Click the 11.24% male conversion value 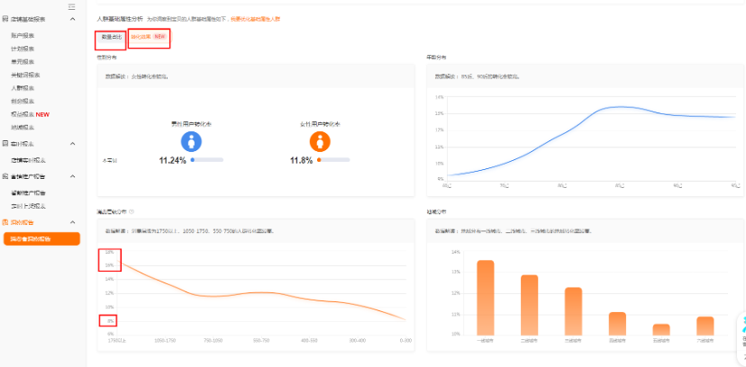point(172,160)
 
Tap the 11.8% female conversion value point(301,160)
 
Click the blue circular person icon point(191,140)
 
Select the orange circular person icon point(319,140)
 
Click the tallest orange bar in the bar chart point(485,298)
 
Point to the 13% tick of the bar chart point(456,272)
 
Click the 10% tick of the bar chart point(456,334)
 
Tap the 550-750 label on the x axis point(261,341)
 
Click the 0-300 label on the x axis point(405,341)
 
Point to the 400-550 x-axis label point(309,341)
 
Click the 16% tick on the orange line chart point(108,265)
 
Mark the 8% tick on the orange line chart point(110,320)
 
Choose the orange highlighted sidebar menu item point(41,238)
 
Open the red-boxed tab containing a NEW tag point(149,37)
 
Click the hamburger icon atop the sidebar point(72,6)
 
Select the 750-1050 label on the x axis point(213,341)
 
